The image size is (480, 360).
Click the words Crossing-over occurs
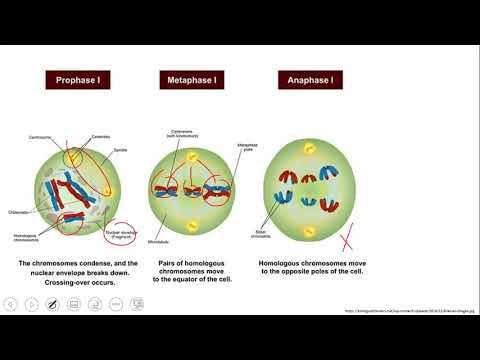69,281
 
